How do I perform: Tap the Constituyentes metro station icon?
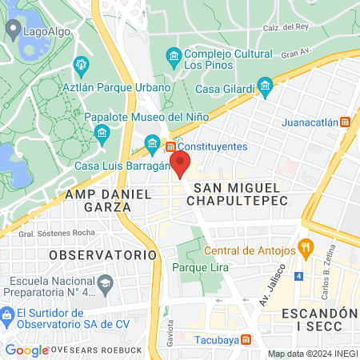[x=170, y=146]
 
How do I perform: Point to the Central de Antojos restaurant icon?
[x=304, y=248]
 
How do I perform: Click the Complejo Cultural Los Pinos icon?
[x=172, y=55]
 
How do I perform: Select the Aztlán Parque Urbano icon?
[x=80, y=65]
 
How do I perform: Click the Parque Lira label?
[x=197, y=268]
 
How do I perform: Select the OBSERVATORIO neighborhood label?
[x=102, y=254]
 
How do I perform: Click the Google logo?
[x=26, y=350]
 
